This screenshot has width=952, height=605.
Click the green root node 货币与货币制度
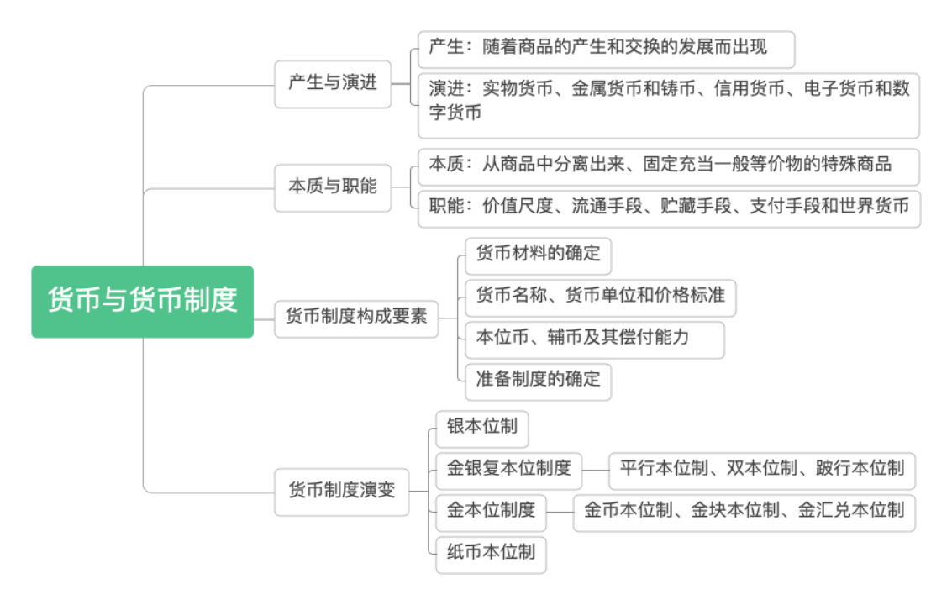[142, 302]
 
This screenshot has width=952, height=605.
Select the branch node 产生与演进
[333, 83]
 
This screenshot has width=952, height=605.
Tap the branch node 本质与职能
[333, 187]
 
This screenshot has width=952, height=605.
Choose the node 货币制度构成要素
[356, 316]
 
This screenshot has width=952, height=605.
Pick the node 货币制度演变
[341, 491]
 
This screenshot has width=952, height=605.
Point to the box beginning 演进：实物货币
[668, 104]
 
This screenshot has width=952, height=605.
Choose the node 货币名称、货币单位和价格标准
[600, 297]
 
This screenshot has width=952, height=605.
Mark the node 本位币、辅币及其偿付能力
[594, 338]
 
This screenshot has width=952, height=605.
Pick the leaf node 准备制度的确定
[538, 380]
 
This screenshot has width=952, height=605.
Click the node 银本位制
[481, 428]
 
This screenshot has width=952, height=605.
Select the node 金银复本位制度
[508, 469]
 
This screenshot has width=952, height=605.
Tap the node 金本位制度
[491, 511]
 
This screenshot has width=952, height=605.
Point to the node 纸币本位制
[491, 553]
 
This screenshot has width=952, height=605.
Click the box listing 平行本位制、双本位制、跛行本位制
[761, 469]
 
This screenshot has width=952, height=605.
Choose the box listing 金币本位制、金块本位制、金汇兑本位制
[744, 511]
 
